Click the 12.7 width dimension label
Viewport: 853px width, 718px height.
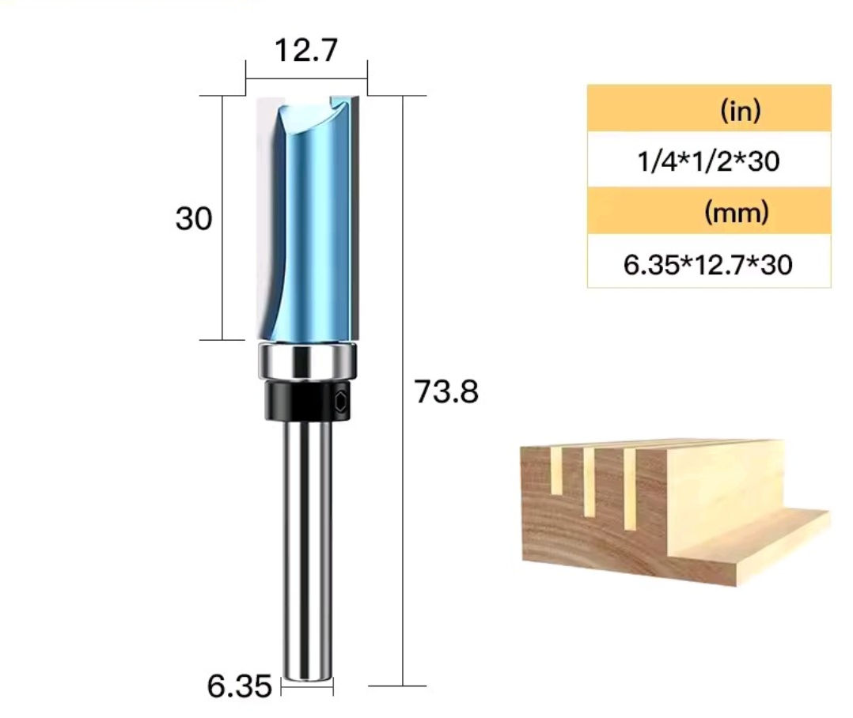tap(306, 51)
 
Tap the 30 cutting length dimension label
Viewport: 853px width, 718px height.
tap(194, 219)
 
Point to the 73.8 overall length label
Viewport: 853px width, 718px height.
tap(446, 391)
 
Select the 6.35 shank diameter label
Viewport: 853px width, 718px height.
tap(239, 686)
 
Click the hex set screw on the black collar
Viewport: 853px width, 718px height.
tap(340, 402)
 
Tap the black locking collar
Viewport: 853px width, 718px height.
tap(308, 401)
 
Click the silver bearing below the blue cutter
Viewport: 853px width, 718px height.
tap(308, 361)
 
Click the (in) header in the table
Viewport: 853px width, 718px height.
tap(741, 111)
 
